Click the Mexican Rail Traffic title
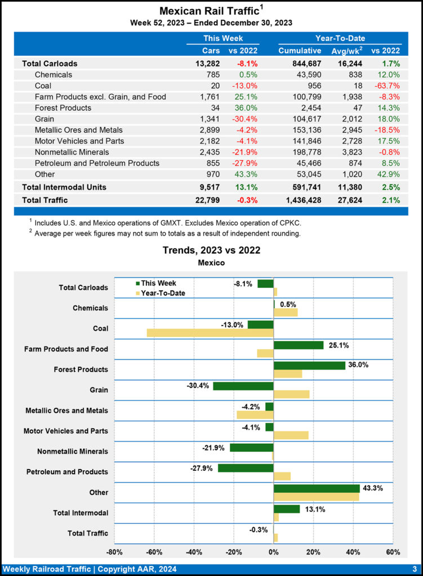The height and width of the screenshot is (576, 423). pos(208,11)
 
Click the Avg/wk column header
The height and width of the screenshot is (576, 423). pos(348,51)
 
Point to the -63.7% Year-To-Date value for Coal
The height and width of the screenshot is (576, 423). pos(386,85)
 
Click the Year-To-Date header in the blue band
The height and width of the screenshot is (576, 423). pos(340,38)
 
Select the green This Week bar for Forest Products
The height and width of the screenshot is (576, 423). pos(309,366)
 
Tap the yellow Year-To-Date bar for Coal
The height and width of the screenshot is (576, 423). pos(210,332)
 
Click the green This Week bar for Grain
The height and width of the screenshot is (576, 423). pos(243,386)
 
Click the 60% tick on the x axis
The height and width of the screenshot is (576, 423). pos(393,552)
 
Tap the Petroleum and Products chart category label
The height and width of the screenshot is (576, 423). pos(67,471)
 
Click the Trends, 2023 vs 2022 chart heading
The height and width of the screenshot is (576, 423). pos(211,250)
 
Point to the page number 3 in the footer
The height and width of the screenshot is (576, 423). pos(414,569)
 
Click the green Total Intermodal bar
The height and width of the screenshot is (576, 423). pos(287,509)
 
